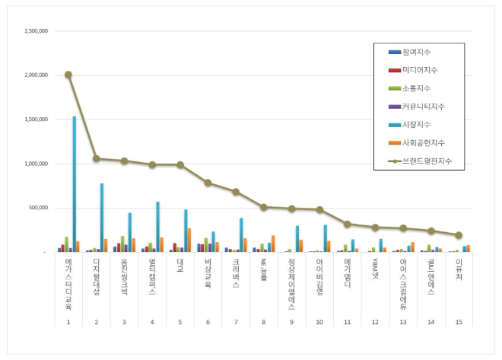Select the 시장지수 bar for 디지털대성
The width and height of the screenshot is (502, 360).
click(x=102, y=218)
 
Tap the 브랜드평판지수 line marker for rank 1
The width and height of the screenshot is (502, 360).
click(x=68, y=75)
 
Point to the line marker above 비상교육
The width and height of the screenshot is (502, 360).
click(x=208, y=183)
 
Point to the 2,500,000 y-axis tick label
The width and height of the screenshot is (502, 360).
click(x=37, y=31)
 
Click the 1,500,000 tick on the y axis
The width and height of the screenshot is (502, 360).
click(x=37, y=119)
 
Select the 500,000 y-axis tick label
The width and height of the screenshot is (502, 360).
click(x=39, y=208)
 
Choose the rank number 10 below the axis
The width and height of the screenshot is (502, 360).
click(x=319, y=322)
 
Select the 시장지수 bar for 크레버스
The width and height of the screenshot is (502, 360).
click(x=241, y=235)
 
